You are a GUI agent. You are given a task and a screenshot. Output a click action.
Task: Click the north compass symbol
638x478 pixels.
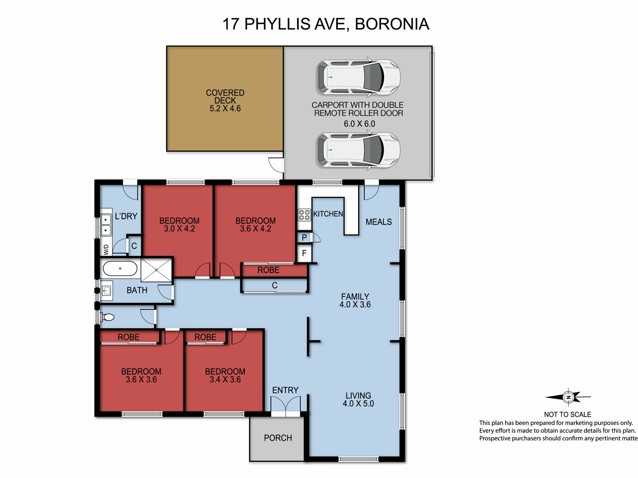click(568, 397)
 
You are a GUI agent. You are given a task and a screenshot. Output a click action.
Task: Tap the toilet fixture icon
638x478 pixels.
click(108, 317)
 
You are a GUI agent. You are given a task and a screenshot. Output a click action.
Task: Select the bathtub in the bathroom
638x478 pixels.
click(120, 268)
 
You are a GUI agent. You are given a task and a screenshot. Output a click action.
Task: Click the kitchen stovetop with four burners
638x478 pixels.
click(304, 215)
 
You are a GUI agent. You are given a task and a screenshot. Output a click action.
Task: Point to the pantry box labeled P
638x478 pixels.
click(304, 238)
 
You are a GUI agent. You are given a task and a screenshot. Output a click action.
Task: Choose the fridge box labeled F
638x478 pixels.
click(304, 253)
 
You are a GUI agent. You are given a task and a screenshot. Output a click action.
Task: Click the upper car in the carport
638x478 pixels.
click(358, 77)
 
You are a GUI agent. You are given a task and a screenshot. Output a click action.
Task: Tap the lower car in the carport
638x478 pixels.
click(358, 150)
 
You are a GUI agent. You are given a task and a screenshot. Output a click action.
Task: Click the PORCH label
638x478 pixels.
click(278, 438)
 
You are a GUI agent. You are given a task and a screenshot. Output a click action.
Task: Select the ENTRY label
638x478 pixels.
click(285, 390)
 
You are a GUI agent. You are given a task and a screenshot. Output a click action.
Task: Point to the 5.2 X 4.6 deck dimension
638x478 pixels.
click(225, 109)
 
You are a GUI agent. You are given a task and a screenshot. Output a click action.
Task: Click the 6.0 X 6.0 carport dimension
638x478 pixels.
click(359, 124)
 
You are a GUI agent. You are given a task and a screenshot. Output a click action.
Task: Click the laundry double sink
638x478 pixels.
click(106, 225)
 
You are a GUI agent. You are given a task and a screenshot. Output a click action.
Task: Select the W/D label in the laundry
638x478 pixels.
click(106, 250)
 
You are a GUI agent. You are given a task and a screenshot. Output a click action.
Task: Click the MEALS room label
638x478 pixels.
click(378, 222)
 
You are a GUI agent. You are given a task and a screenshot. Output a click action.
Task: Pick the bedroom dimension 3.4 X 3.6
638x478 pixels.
click(225, 379)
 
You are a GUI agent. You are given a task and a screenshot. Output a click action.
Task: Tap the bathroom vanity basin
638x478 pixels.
click(106, 291)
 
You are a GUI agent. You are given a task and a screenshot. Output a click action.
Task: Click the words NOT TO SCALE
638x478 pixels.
click(568, 415)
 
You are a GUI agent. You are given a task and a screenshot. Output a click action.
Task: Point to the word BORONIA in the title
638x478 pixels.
click(392, 24)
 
